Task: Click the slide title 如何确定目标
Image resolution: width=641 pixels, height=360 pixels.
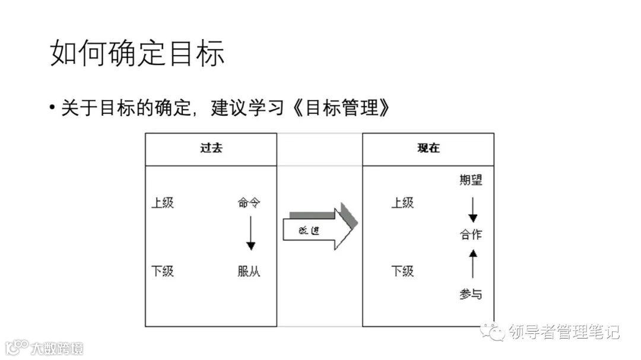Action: point(137,54)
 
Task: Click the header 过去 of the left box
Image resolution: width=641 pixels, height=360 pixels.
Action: point(211,149)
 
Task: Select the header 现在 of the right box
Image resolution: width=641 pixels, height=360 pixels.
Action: point(428,149)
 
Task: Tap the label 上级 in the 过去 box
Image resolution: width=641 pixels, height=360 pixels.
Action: point(163,203)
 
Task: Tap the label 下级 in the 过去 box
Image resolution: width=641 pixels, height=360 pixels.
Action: point(163,271)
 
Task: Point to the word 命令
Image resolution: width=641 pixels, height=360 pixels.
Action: point(249,203)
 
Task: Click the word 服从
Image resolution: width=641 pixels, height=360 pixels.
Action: point(249,272)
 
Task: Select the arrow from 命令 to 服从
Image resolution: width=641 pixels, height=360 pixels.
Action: point(250,233)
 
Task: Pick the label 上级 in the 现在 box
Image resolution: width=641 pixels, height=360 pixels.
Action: point(402,203)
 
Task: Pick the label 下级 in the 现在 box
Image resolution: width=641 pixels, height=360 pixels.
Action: point(402,271)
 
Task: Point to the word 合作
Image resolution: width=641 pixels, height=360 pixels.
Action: point(471,234)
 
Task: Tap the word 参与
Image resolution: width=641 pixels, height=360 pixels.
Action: point(471,294)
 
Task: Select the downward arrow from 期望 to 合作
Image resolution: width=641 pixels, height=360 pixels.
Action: point(472,209)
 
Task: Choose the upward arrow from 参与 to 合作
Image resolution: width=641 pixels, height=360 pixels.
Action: point(472,264)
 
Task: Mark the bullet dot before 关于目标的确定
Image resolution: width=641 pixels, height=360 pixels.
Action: point(53,109)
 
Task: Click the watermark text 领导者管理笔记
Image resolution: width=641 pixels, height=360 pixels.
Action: point(564,332)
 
